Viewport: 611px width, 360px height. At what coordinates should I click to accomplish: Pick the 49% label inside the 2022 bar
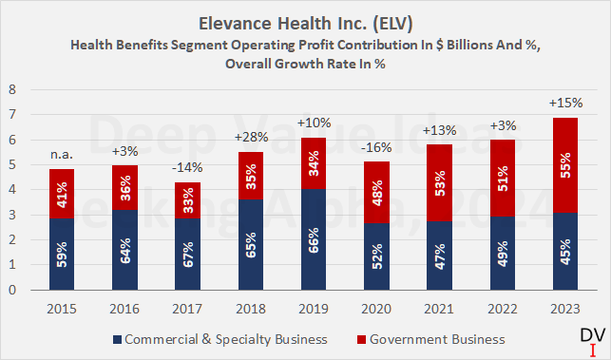click(499, 253)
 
